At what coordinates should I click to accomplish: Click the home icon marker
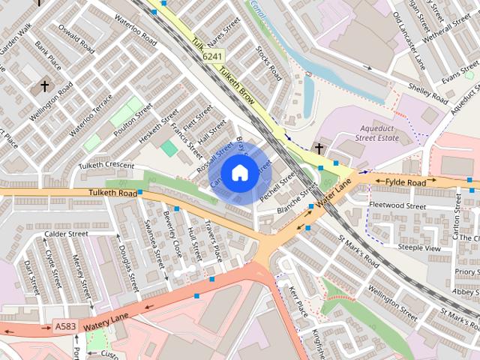(x=239, y=172)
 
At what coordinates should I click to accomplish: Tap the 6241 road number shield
(x=211, y=55)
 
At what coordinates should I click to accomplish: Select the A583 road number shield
(x=65, y=327)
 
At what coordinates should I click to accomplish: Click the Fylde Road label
(x=405, y=182)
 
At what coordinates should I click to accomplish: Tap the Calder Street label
(x=65, y=233)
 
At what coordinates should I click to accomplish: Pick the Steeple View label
(x=418, y=247)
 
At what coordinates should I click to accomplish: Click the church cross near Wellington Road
(x=44, y=86)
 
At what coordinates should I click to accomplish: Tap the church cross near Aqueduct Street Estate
(x=319, y=148)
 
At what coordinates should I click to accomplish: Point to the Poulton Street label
(x=133, y=122)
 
